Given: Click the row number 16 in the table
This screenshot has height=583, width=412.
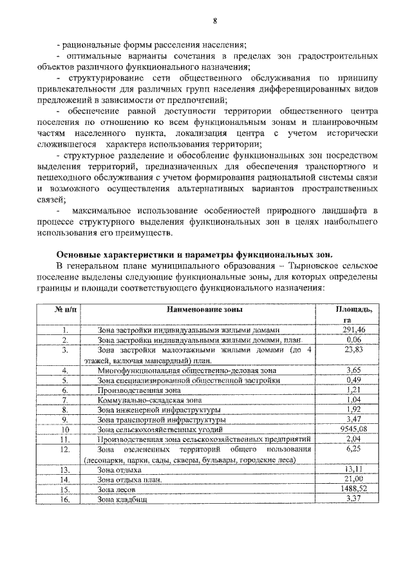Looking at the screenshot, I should pos(64,499).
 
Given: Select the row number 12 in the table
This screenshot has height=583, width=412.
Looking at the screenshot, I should pos(64,449).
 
